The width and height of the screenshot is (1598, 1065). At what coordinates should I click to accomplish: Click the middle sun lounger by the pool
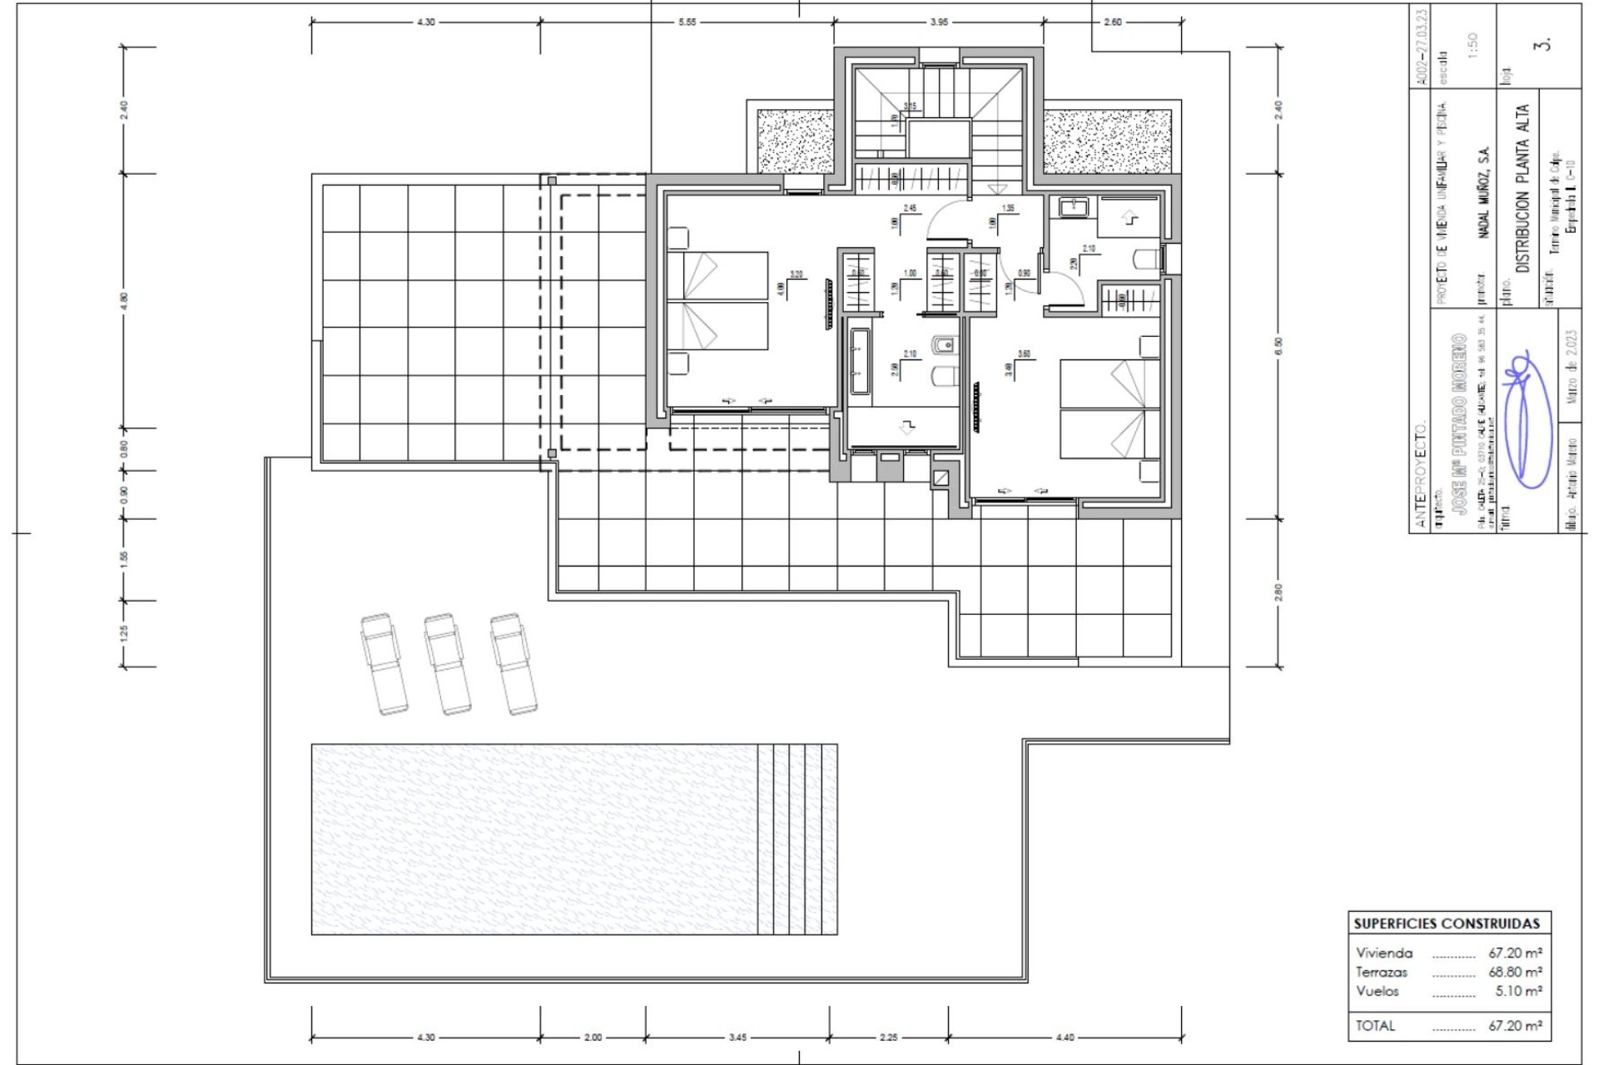(x=447, y=664)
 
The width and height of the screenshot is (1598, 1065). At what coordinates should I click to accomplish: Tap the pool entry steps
(x=797, y=839)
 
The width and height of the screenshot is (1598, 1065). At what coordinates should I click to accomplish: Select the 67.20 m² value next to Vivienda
(x=1515, y=953)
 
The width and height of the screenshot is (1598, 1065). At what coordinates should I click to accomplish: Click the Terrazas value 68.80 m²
(x=1515, y=972)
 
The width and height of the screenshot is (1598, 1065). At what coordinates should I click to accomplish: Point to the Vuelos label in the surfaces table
(x=1377, y=991)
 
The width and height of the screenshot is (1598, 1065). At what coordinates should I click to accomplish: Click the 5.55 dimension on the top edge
(x=687, y=22)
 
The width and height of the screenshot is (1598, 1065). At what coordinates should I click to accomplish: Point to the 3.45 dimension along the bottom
(x=737, y=1038)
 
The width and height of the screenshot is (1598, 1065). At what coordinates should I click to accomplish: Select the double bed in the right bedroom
(x=1109, y=409)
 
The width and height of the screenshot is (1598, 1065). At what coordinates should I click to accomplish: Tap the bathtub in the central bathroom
(x=860, y=361)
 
